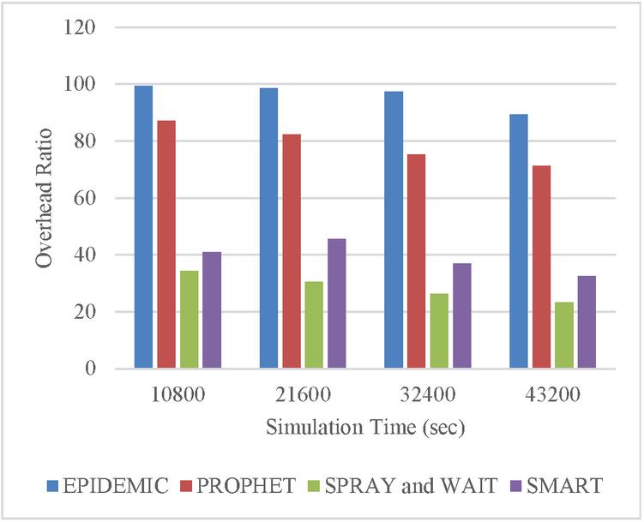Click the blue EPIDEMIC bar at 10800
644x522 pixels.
point(143,227)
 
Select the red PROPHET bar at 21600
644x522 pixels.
point(292,251)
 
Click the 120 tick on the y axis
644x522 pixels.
point(79,27)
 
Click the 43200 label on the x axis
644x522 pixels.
point(552,396)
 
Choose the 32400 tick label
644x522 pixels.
point(427,396)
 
